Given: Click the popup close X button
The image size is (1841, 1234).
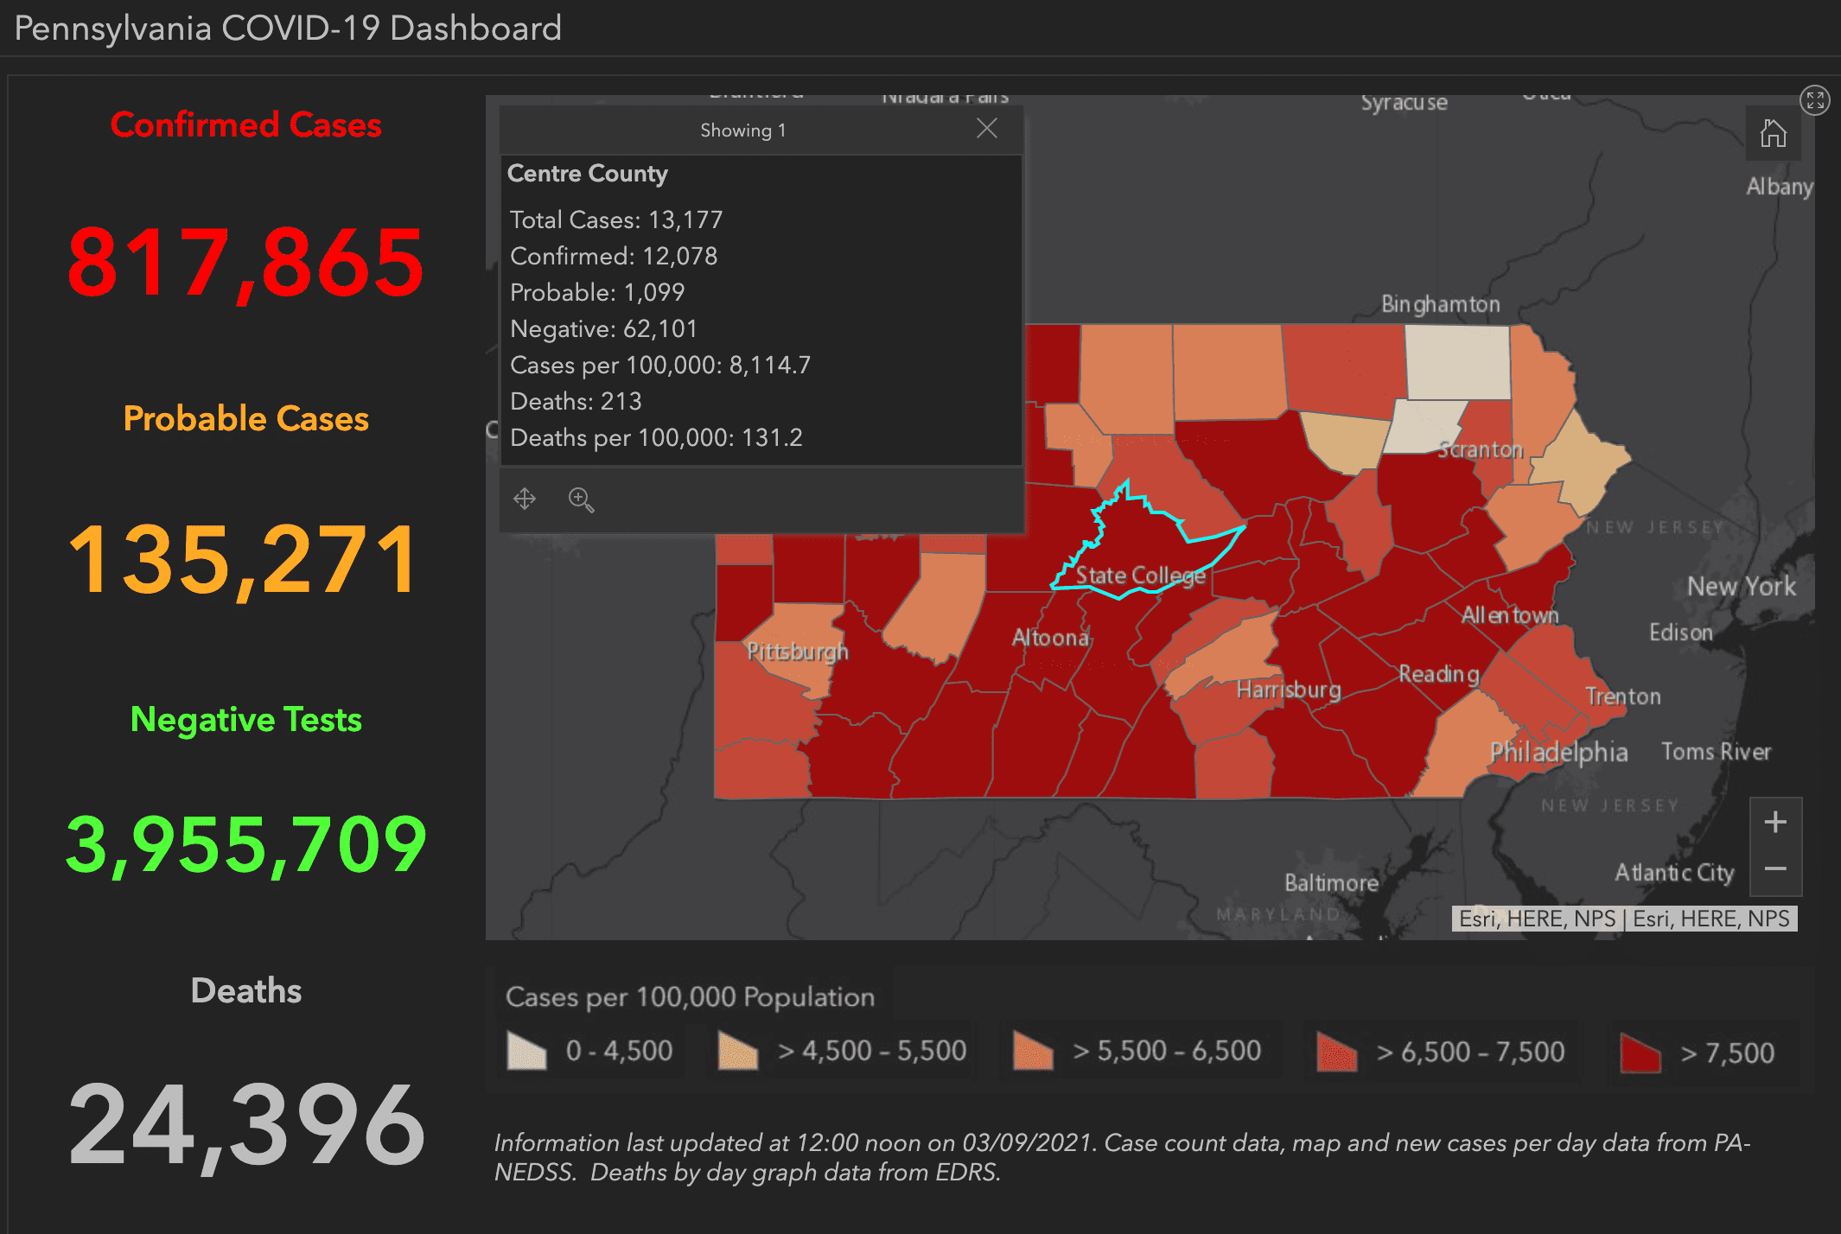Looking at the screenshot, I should (986, 129).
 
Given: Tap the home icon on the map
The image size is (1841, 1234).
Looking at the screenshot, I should (1773, 134).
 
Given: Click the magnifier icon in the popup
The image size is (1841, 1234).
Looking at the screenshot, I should (581, 499).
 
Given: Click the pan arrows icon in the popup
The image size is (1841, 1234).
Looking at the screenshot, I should (525, 499).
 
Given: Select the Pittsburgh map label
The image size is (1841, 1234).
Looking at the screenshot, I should (797, 652).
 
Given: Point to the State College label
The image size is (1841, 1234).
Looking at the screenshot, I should (1140, 576).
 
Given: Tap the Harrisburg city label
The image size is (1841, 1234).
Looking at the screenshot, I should (1289, 690).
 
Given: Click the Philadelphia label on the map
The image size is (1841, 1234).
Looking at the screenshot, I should (1558, 752).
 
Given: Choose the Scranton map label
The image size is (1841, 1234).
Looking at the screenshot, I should (1480, 449).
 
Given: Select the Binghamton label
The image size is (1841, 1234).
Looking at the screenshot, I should (1440, 304).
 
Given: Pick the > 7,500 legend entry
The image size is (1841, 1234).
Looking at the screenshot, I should (1698, 1053).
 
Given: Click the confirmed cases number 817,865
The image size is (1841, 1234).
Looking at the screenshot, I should (246, 262).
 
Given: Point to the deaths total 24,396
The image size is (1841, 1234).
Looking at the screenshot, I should (246, 1124).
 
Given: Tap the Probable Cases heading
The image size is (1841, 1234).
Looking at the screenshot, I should (246, 418).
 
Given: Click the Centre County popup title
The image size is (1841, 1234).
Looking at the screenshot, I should (588, 174).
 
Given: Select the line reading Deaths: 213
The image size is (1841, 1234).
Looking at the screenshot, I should (576, 401).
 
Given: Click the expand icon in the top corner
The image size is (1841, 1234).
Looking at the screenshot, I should (1814, 100).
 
